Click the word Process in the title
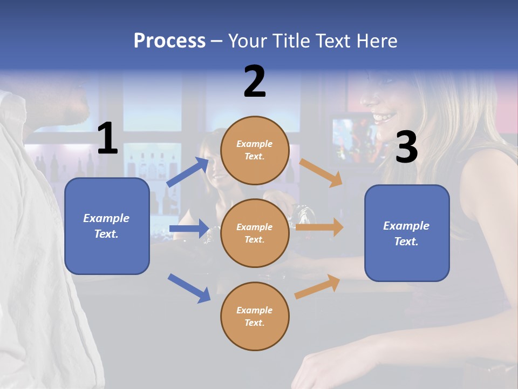tap(169, 41)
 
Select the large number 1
tap(107, 139)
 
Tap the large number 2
tap(255, 82)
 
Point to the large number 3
tap(406, 147)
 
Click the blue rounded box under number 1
tap(107, 226)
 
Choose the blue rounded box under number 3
tap(407, 233)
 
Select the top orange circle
tap(255, 150)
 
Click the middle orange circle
tap(255, 233)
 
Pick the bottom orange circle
tap(255, 316)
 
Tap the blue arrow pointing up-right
tap(188, 172)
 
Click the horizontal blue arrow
tap(189, 229)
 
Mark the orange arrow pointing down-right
tap(321, 173)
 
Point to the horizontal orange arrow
tap(319, 227)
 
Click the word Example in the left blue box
tap(106, 218)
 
